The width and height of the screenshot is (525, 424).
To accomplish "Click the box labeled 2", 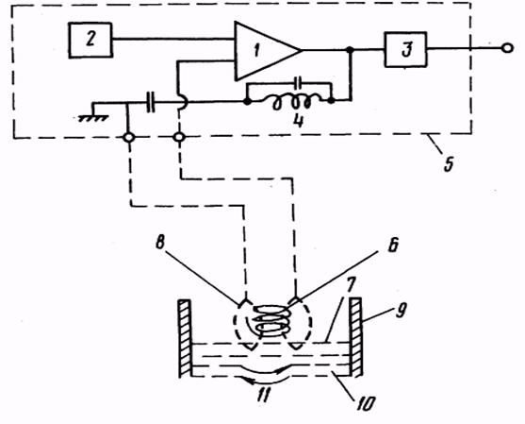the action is (x=90, y=40).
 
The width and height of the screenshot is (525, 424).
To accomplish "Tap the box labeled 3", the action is (x=405, y=49).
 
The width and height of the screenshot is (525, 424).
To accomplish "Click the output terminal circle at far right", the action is (x=508, y=49).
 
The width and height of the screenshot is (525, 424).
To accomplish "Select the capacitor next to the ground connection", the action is (x=152, y=102).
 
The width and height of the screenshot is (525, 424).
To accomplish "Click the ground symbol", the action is (x=93, y=117).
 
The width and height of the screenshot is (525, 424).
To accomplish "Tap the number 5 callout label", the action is (x=449, y=163).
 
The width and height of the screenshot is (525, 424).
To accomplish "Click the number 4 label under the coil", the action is (x=298, y=120).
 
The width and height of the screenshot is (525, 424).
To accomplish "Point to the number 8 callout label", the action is (x=160, y=244).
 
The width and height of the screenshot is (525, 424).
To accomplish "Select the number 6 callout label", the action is (x=393, y=245).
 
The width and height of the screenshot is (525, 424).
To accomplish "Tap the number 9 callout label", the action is (x=402, y=310).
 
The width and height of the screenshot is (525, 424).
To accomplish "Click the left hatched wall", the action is (x=184, y=338).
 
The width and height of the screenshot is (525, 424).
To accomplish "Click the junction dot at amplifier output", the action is (x=350, y=50).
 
